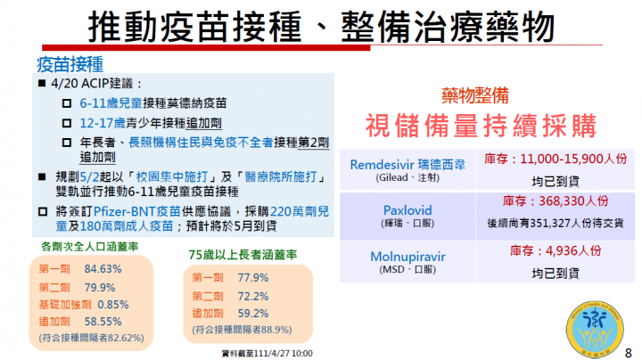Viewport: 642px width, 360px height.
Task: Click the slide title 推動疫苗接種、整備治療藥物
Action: tap(320, 26)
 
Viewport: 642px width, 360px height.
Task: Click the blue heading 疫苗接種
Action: tap(70, 64)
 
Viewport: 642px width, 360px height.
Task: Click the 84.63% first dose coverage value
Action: tap(103, 268)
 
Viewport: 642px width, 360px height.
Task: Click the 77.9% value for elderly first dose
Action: tap(253, 277)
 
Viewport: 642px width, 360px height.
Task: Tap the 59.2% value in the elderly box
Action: tap(253, 313)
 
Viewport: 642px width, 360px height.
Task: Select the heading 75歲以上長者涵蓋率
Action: tap(243, 255)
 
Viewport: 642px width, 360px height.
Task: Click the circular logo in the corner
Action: tap(596, 323)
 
